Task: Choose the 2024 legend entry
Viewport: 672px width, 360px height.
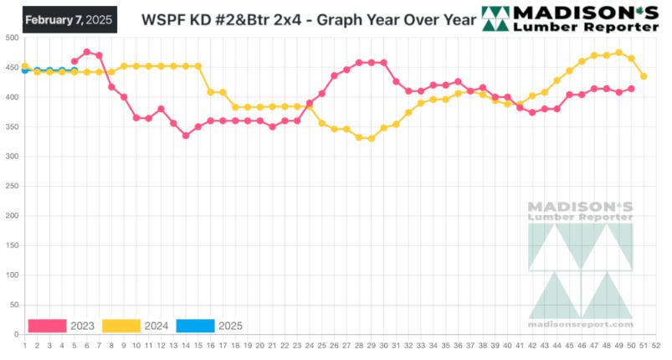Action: coord(137,326)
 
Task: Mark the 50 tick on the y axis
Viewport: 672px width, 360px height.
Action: coord(13,306)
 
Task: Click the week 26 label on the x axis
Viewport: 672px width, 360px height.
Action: coord(334,344)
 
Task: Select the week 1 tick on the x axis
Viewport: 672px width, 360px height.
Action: coord(24,344)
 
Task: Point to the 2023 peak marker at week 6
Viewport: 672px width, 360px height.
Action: coord(87,52)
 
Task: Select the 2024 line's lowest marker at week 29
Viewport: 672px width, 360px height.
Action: coord(371,139)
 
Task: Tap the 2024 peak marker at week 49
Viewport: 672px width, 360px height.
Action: coord(618,53)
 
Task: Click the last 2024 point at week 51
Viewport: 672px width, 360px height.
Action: coord(644,76)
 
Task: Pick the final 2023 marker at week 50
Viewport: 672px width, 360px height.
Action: coord(631,89)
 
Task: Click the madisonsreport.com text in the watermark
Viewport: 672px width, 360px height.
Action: coord(581,324)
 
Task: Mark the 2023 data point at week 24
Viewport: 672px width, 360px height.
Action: coord(309,103)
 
